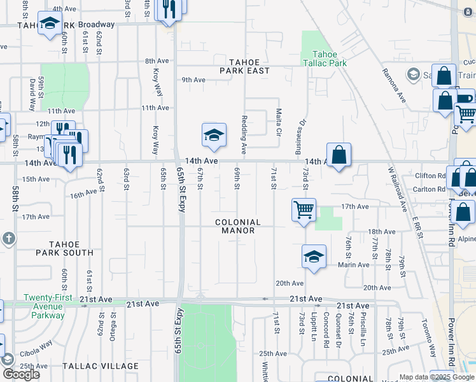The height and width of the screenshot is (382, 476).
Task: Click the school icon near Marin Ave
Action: (314, 257)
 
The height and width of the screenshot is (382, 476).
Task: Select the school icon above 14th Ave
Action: (214, 134)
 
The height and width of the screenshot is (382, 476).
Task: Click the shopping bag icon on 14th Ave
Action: (339, 155)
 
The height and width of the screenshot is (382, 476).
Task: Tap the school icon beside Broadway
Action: (49, 24)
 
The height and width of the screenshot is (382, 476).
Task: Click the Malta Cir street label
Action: (279, 125)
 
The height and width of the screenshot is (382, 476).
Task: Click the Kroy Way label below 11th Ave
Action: (155, 139)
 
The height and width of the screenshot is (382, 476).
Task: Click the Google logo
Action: (21, 374)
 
